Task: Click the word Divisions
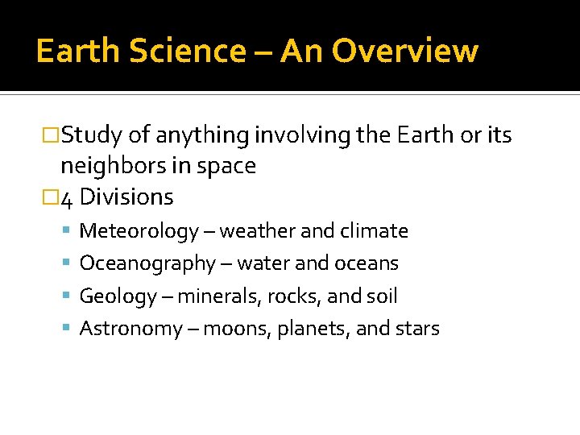click(x=127, y=197)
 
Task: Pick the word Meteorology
click(x=139, y=232)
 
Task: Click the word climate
click(x=377, y=231)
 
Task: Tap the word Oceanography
click(x=147, y=264)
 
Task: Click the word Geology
click(x=118, y=297)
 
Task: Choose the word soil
click(x=383, y=296)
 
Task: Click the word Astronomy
click(x=131, y=329)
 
